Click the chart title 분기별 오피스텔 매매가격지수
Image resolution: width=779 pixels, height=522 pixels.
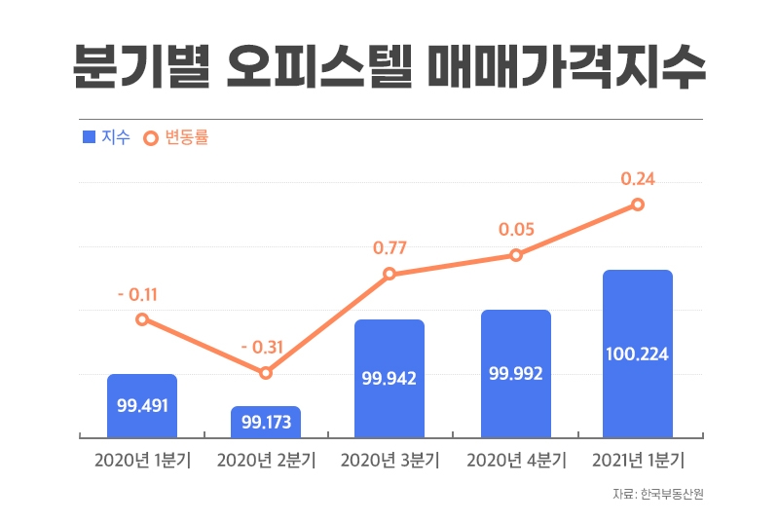coord(389,66)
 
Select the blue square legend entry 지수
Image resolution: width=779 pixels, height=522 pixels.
coord(106,138)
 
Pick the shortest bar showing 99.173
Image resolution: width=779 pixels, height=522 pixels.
coord(266,422)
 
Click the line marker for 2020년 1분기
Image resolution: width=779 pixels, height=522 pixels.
coord(142,319)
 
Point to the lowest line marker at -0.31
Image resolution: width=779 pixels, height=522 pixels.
coord(266,373)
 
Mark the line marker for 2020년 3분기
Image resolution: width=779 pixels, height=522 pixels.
coord(389,274)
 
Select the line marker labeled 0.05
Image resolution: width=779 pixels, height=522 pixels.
coord(515,255)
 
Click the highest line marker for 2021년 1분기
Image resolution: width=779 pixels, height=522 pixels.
coord(638,205)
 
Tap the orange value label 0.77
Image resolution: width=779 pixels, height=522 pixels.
coord(389,248)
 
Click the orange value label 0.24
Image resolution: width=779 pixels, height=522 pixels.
coord(638,179)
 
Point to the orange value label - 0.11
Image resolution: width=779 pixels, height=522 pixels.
coord(137,293)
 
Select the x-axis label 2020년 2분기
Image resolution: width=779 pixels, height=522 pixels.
coord(266,461)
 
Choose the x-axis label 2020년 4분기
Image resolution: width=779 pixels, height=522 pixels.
coord(515,461)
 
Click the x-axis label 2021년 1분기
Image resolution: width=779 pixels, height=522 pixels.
coord(638,461)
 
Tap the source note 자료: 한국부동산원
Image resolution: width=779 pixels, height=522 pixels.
coord(657,495)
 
